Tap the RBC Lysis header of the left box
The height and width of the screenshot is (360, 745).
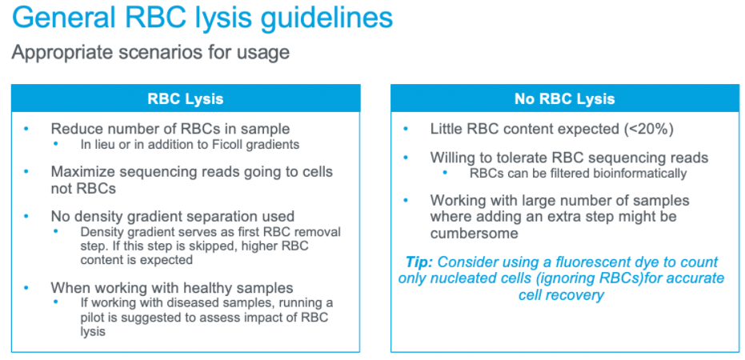tap(186, 98)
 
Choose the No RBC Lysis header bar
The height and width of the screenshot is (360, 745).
tap(565, 98)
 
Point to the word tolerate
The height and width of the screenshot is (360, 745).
tap(518, 158)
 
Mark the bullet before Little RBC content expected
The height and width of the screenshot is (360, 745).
tap(405, 129)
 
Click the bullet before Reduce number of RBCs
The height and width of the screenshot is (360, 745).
tap(26, 129)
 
